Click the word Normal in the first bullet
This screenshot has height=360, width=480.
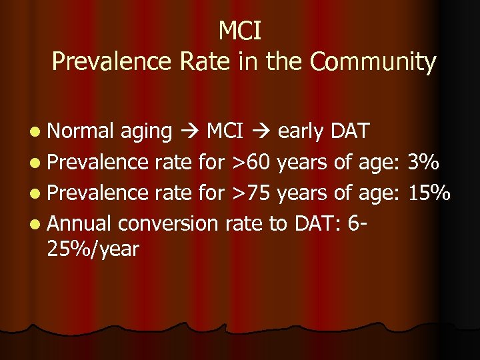[x=83, y=131]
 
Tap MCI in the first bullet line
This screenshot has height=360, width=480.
[x=225, y=131]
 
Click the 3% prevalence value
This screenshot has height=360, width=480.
[x=425, y=162]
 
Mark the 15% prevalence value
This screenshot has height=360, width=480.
[x=430, y=192]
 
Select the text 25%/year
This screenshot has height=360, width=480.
[x=93, y=250]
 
